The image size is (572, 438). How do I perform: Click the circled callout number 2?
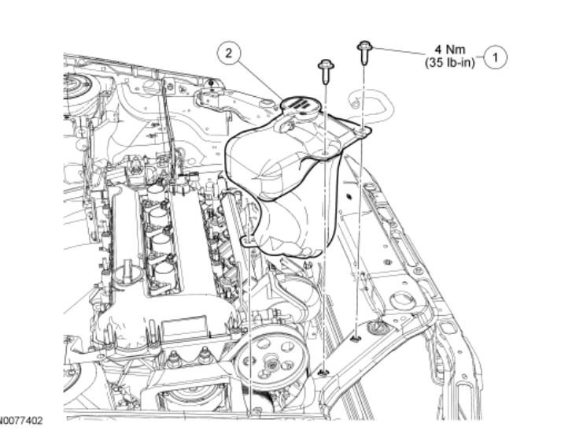(x=227, y=54)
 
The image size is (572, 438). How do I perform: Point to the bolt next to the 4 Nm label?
(x=365, y=51)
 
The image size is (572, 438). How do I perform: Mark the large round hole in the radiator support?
(x=402, y=300)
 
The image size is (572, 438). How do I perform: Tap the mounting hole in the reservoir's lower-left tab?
(x=249, y=239)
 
